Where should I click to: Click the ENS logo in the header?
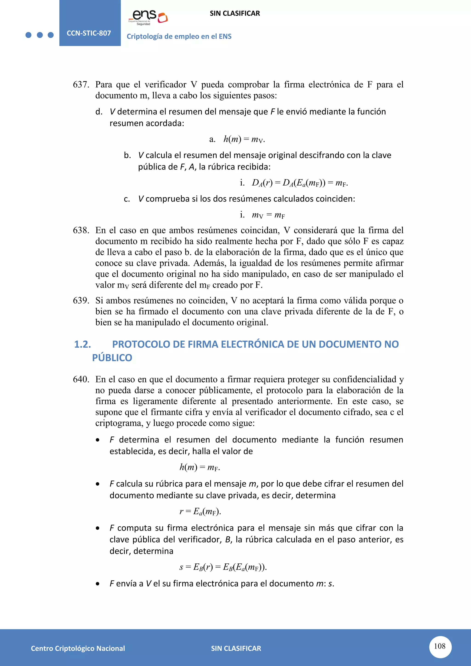148,17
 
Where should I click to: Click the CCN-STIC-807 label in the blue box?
89,33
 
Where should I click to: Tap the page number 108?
440,646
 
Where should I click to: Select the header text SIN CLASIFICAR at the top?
235,13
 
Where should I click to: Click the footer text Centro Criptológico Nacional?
78,648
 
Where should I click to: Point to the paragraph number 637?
81,85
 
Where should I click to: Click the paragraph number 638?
81,230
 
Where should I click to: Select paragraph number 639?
81,301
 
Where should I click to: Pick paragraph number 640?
81,379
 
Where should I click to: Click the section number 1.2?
83,344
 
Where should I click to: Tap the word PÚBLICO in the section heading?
112,358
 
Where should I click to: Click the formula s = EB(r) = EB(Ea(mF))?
223,567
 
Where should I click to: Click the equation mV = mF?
268,215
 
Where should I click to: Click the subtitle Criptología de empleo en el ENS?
179,37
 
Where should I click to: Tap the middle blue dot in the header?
40,35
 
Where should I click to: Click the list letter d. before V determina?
99,112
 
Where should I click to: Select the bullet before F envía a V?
98,584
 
